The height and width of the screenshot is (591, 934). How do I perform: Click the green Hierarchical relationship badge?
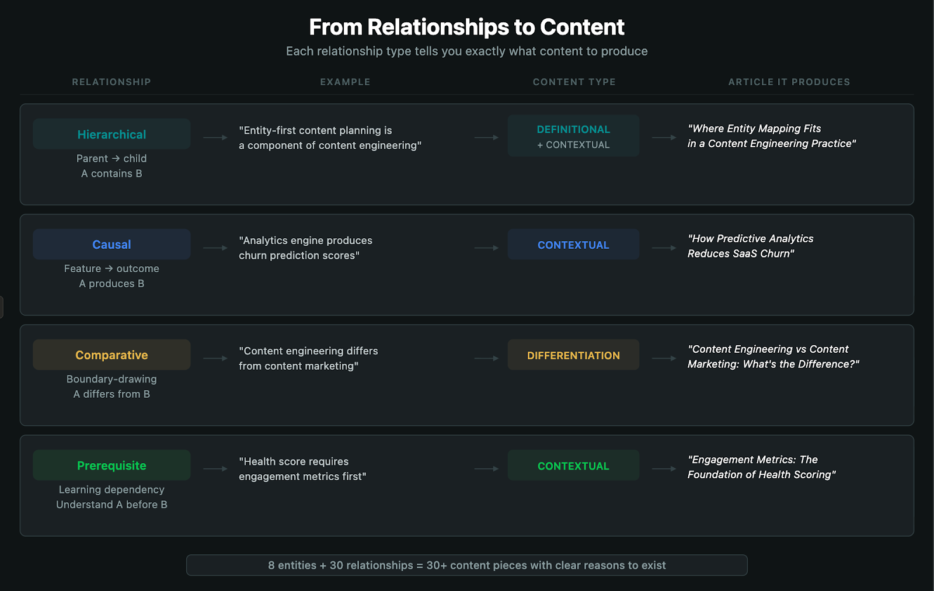(111, 134)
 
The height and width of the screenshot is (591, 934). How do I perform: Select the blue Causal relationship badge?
(111, 245)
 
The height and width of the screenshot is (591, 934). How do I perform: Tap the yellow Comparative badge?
(111, 355)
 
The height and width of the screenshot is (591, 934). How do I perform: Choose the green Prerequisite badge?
(111, 465)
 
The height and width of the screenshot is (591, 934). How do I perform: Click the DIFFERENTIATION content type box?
(573, 355)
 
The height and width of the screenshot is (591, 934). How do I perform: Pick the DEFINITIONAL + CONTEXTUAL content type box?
(573, 136)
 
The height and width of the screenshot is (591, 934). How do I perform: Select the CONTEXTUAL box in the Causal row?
(573, 245)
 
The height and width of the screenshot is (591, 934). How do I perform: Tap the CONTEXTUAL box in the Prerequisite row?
(573, 465)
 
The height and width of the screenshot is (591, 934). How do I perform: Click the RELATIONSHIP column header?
(111, 82)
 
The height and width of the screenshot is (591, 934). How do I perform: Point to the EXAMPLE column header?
(345, 82)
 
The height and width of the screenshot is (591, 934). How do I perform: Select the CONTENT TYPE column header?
(574, 82)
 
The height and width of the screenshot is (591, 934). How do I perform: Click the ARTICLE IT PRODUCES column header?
(789, 82)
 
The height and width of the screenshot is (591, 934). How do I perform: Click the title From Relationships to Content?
(466, 27)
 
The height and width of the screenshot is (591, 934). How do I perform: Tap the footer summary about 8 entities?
(466, 565)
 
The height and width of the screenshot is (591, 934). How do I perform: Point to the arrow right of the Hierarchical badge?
(215, 138)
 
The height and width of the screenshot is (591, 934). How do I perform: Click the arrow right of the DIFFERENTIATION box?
(664, 359)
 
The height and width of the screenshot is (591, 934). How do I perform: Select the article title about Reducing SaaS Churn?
(750, 246)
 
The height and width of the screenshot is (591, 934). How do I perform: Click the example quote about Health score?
(302, 469)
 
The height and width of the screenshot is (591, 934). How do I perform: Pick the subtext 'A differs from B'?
(111, 394)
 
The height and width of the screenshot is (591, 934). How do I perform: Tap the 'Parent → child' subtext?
(111, 159)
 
